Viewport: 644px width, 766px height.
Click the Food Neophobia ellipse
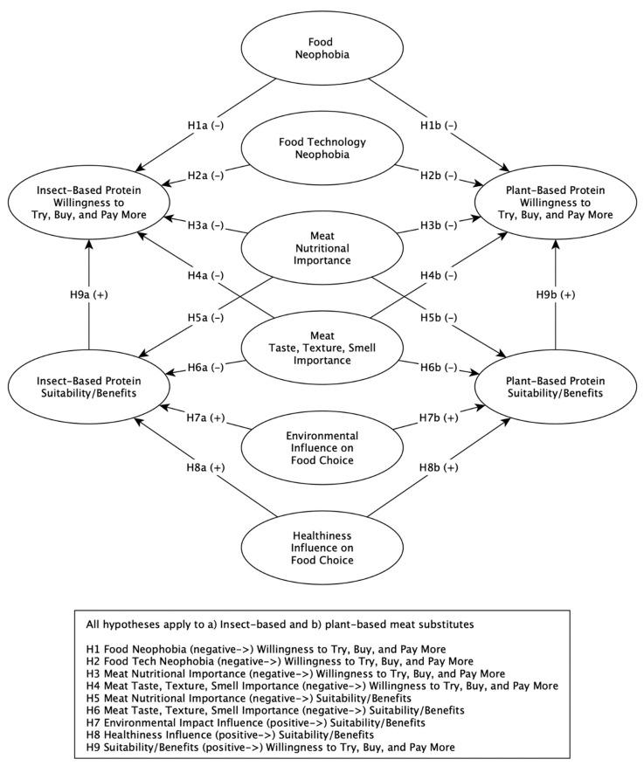coord(322,45)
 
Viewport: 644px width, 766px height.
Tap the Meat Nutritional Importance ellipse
coord(322,247)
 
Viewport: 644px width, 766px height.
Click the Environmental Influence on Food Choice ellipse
coord(322,440)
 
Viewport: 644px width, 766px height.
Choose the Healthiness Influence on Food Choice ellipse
coord(322,547)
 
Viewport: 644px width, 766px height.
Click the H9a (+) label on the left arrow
coord(88,295)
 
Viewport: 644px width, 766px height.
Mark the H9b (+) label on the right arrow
coord(555,295)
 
